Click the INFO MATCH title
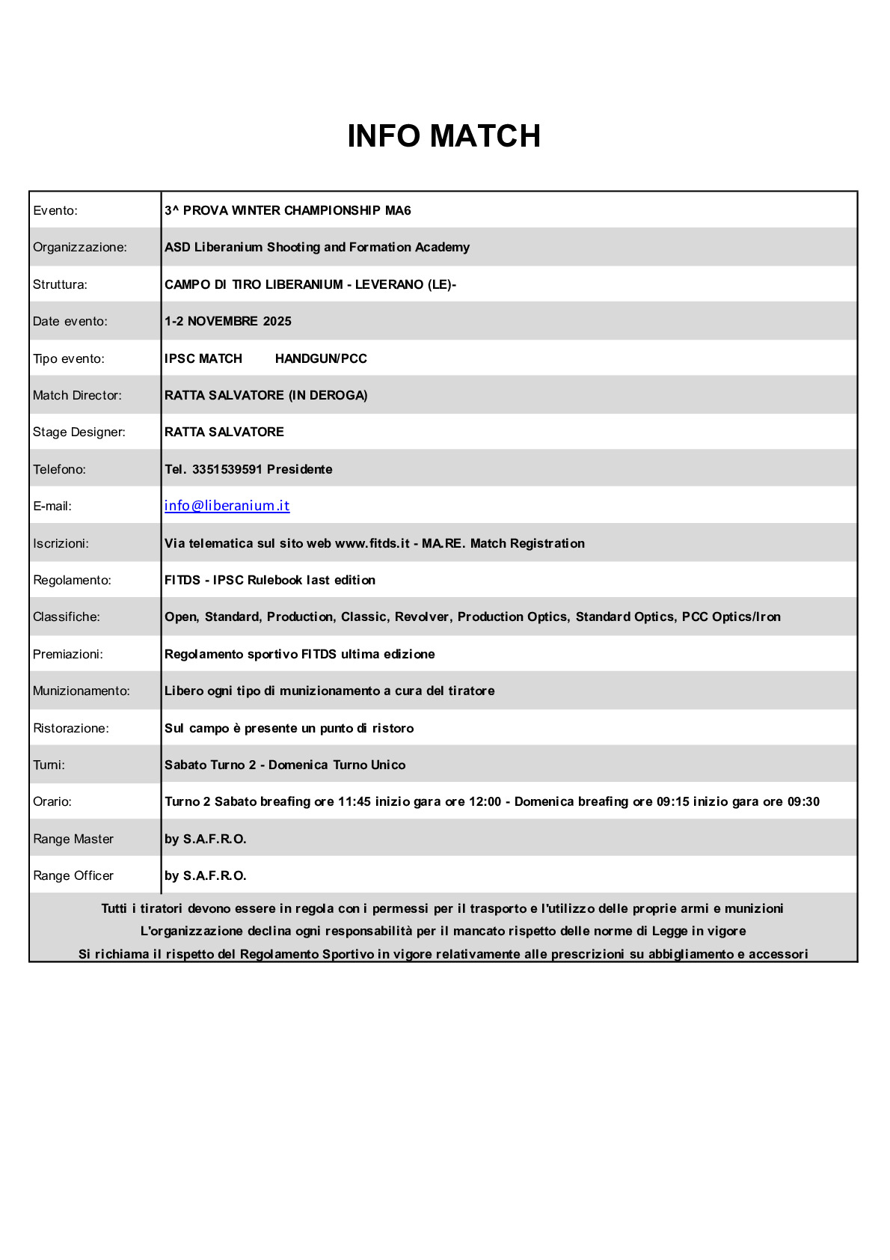[444, 136]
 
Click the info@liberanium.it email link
[227, 506]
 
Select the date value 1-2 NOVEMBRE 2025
[228, 321]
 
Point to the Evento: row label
[55, 210]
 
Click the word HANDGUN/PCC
[321, 358]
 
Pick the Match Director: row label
[77, 395]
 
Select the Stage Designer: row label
[79, 432]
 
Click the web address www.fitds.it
[372, 543]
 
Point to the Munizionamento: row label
[82, 691]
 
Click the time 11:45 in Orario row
[355, 801]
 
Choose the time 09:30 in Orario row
[803, 801]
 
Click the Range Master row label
[73, 839]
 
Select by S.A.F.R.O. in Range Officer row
[206, 875]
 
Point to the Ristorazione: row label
[71, 728]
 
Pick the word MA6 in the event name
[398, 210]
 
